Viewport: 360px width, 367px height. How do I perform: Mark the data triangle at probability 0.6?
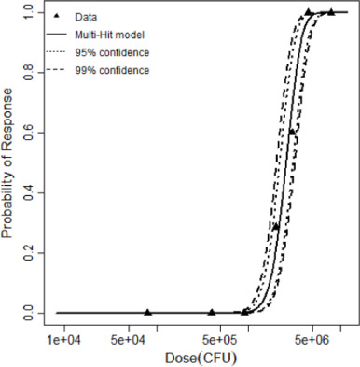tap(292, 133)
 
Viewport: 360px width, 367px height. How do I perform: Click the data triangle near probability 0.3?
tap(275, 226)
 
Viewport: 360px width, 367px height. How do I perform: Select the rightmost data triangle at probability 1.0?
tap(330, 12)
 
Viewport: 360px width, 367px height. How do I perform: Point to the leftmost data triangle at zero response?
tap(148, 312)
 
